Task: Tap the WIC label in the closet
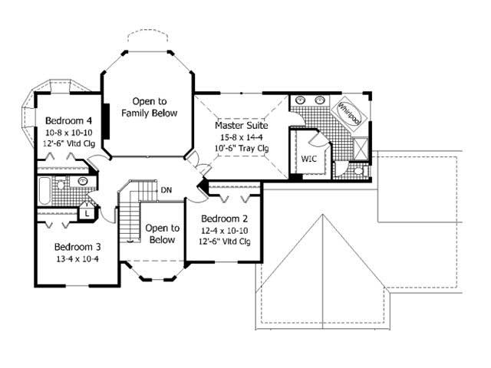[309, 159]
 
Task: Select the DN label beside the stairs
[166, 189]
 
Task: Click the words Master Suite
[241, 124]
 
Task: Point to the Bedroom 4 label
[69, 120]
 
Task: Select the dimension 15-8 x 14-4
[241, 136]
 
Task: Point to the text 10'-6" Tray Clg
[241, 148]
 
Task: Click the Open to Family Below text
[149, 107]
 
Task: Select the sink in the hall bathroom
[81, 182]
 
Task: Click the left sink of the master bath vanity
[301, 100]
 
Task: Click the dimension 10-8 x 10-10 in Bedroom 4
[69, 133]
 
